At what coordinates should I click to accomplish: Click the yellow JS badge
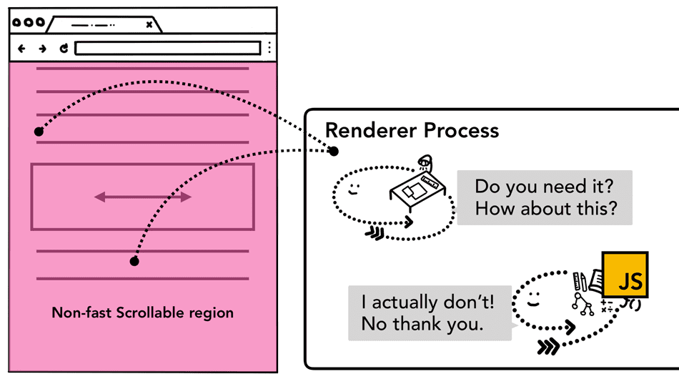(625, 275)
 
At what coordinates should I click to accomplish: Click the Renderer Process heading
(412, 131)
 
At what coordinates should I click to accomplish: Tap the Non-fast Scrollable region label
(142, 313)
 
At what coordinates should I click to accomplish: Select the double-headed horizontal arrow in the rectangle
(143, 197)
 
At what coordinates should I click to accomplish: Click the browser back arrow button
(21, 49)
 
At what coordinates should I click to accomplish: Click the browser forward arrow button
(42, 49)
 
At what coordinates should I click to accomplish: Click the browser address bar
(167, 49)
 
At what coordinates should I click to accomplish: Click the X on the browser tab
(149, 24)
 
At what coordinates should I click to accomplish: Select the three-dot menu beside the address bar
(269, 49)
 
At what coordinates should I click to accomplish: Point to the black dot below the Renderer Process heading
(333, 151)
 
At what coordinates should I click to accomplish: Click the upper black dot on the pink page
(39, 132)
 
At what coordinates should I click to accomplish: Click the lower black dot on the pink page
(134, 262)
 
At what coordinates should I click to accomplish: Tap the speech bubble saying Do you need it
(545, 197)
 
